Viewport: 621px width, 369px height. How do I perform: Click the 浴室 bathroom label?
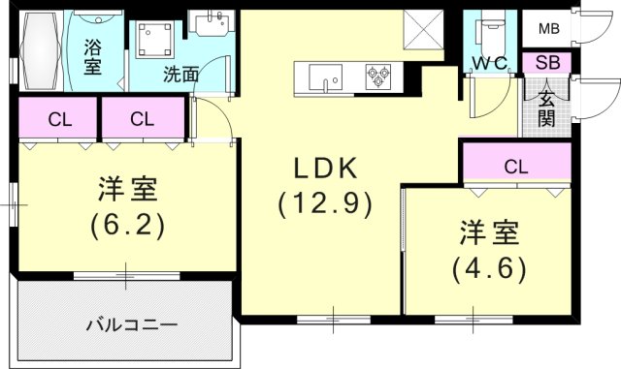[x=93, y=55]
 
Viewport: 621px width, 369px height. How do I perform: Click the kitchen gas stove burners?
[x=377, y=77]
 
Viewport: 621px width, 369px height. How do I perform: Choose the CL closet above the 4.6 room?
[x=515, y=165]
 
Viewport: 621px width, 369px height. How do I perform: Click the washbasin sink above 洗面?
[x=206, y=27]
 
